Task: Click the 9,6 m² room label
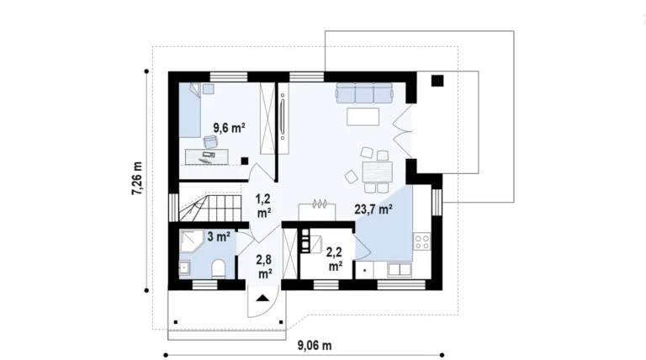coord(230,128)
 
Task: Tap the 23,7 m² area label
coord(373,209)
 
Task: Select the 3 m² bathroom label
coord(219,237)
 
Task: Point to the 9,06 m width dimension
coord(315,345)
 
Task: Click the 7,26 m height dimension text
coord(137,178)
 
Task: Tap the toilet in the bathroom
coord(218,269)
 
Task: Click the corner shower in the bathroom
coord(191,241)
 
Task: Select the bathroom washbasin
coord(184,267)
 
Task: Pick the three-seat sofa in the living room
coord(364,93)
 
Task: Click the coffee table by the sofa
coord(363,117)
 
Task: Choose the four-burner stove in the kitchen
coord(422,241)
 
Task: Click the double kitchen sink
coord(400,270)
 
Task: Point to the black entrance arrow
coord(262,299)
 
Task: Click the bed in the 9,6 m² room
coord(189,110)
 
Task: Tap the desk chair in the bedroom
coord(210,141)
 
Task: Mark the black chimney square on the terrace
coord(437,81)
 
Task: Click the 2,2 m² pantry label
coord(336,259)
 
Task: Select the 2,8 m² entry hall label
coord(264,267)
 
